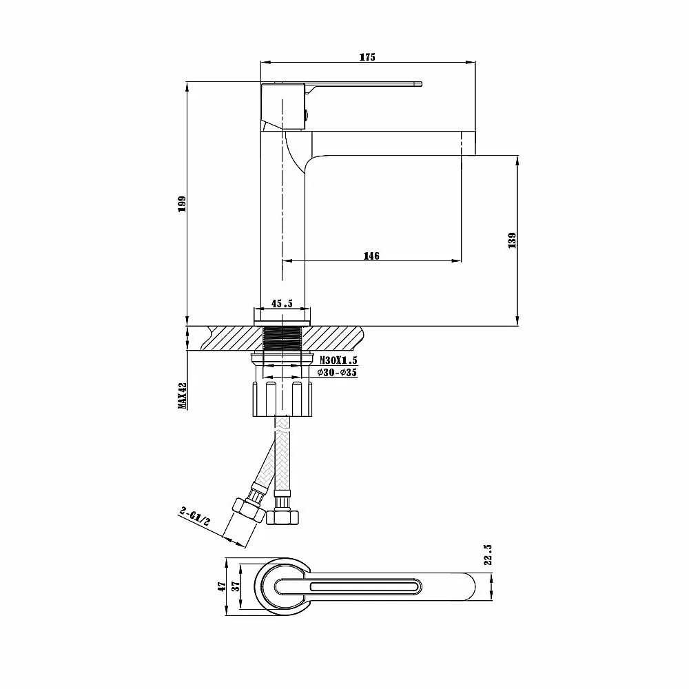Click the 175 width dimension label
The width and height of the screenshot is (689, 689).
click(367, 57)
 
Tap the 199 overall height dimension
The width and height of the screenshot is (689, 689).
click(181, 203)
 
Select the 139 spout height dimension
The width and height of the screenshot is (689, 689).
click(512, 240)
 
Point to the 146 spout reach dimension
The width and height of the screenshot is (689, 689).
click(371, 256)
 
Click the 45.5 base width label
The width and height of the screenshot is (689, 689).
click(282, 304)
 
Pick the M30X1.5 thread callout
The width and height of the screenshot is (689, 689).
click(338, 360)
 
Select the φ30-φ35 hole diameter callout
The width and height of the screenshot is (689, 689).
click(337, 373)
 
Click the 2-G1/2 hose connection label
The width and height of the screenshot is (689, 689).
click(195, 516)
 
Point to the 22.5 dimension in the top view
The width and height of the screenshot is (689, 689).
click(489, 554)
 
